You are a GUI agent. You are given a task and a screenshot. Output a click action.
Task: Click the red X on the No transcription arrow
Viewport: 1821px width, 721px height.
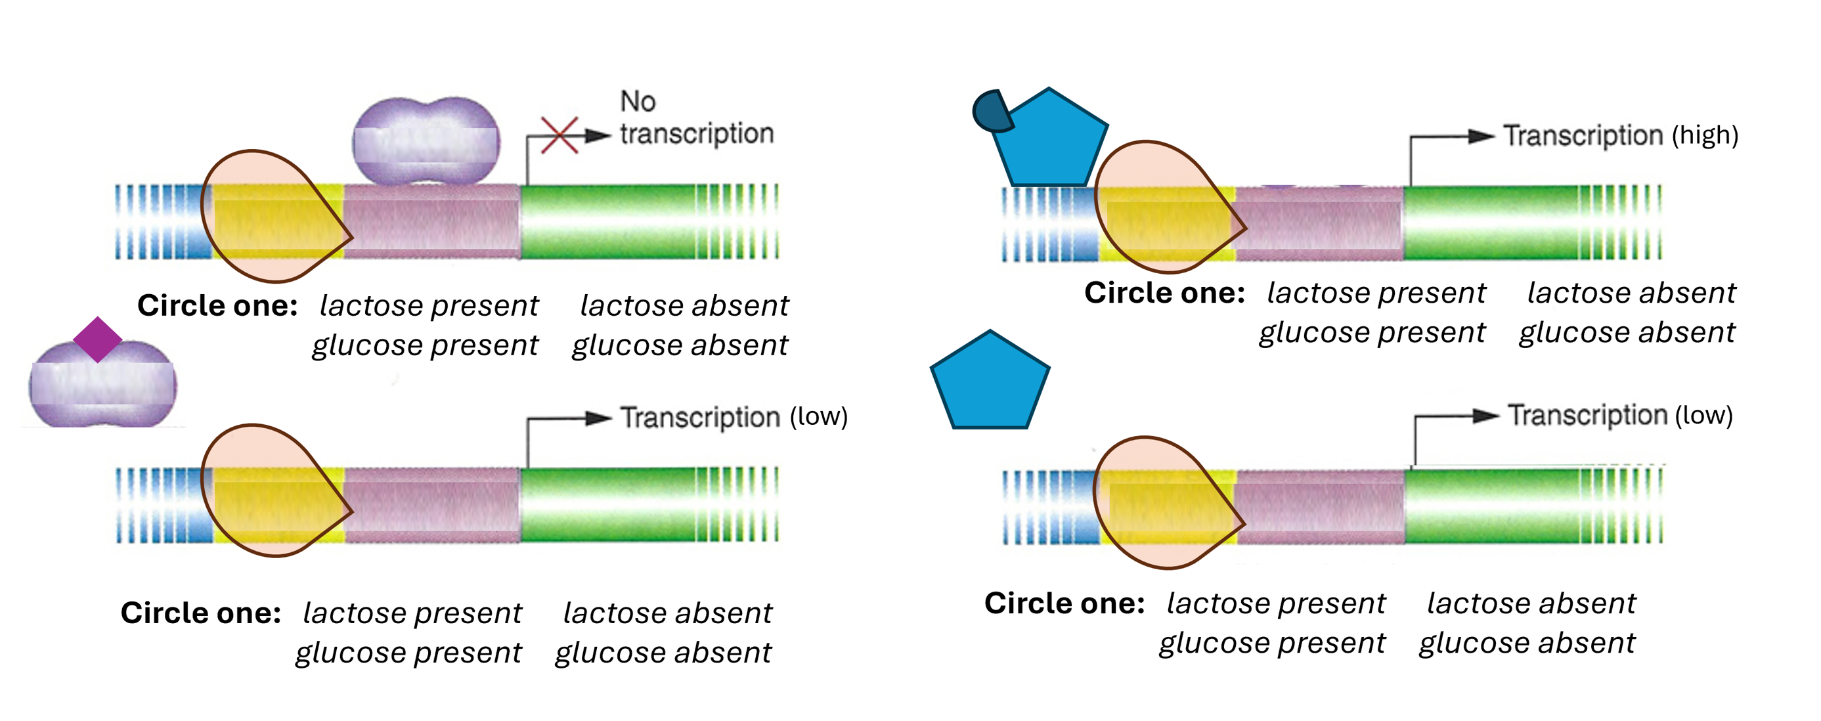point(559,135)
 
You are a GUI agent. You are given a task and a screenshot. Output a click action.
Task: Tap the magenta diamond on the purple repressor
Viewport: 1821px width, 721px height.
point(98,339)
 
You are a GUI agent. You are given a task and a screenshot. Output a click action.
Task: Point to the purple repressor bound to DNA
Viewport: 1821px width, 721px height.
point(426,142)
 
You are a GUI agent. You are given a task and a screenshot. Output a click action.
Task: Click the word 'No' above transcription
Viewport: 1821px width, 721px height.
point(638,102)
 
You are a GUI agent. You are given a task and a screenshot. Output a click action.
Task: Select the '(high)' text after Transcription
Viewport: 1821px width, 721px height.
point(1703,135)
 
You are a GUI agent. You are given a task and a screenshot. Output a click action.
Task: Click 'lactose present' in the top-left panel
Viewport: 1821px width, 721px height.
point(428,306)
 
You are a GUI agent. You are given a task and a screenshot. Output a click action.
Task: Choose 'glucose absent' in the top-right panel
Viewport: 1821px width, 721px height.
point(1627,332)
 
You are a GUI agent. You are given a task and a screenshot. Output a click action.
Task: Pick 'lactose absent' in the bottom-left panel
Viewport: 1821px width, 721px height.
point(667,613)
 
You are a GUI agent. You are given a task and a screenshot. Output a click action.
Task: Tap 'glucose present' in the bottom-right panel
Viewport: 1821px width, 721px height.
point(1272,644)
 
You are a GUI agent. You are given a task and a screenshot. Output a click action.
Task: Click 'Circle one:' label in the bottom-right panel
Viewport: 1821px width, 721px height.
point(1064,603)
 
